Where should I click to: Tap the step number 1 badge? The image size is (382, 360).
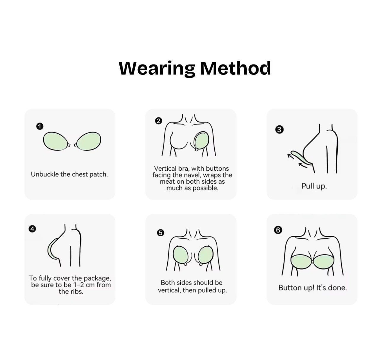[40, 126]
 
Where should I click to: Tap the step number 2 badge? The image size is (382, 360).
[159, 121]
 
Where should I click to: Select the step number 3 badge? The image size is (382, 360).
[279, 130]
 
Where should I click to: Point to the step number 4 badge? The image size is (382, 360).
[32, 229]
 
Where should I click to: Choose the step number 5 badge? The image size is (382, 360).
[160, 233]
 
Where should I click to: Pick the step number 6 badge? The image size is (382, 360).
[278, 230]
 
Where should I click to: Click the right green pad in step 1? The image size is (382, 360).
[89, 141]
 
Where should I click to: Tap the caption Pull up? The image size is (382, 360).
[314, 186]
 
